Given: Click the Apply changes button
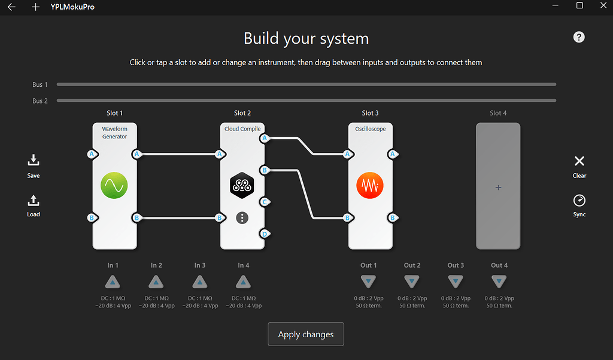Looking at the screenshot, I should coord(305,334).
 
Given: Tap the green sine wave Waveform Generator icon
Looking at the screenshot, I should coord(114,186).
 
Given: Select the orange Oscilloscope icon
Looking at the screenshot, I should coord(370,186).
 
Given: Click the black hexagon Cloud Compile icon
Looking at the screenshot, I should coord(242,186).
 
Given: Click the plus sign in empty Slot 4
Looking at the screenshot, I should coord(498,187).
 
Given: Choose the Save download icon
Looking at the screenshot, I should coord(34,160).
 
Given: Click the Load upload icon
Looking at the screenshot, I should coord(34,201).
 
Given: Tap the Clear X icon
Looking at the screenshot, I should coord(579,161).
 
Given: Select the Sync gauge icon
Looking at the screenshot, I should coord(579,200).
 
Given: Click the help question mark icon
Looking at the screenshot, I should coord(578,37).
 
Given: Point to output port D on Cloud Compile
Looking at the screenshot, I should coord(265,234).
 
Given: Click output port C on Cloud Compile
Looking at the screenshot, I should coord(265,202).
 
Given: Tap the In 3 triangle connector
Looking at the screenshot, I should coord(199,282).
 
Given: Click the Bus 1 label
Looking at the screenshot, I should coord(40,84).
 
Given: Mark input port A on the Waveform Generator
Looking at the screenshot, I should coord(92,155).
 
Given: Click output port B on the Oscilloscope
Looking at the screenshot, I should coord(393,218).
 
